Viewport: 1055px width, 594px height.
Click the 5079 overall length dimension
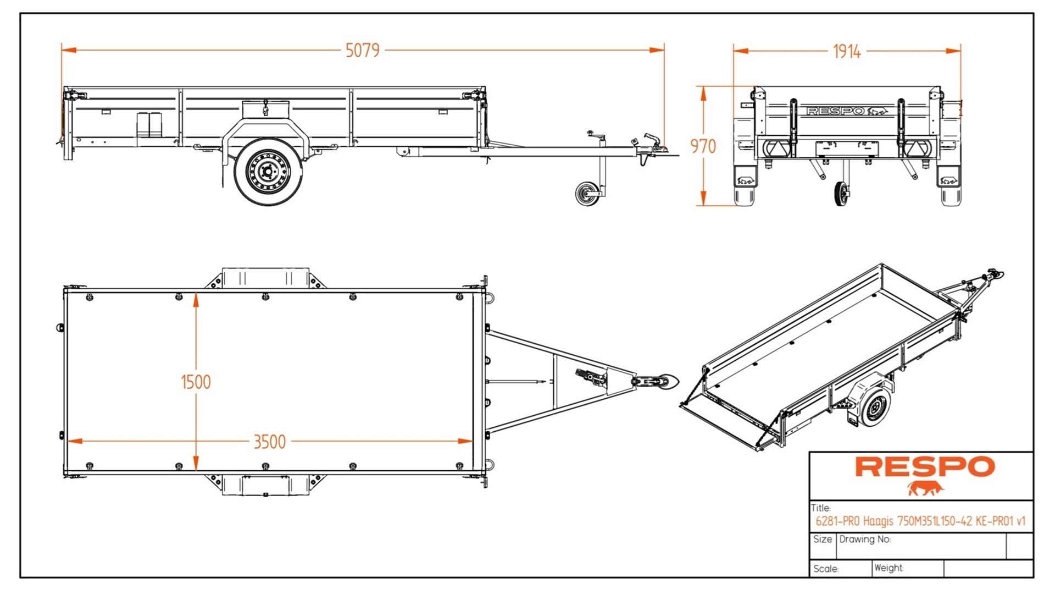362,51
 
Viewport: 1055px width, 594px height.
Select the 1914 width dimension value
847,52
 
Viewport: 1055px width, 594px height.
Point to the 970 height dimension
703,146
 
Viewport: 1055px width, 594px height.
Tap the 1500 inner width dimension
196,382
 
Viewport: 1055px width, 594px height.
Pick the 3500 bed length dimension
269,442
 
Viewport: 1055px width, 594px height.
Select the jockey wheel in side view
587,194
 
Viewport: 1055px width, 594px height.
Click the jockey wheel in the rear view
840,194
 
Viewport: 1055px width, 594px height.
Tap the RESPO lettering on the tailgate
835,111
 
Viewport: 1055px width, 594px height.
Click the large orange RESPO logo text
924,467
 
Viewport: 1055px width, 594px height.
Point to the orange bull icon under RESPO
924,488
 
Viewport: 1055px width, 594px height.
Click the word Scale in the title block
825,569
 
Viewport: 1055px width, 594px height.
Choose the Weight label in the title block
888,568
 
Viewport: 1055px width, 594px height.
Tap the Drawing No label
864,539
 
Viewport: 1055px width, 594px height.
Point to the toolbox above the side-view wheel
266,109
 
